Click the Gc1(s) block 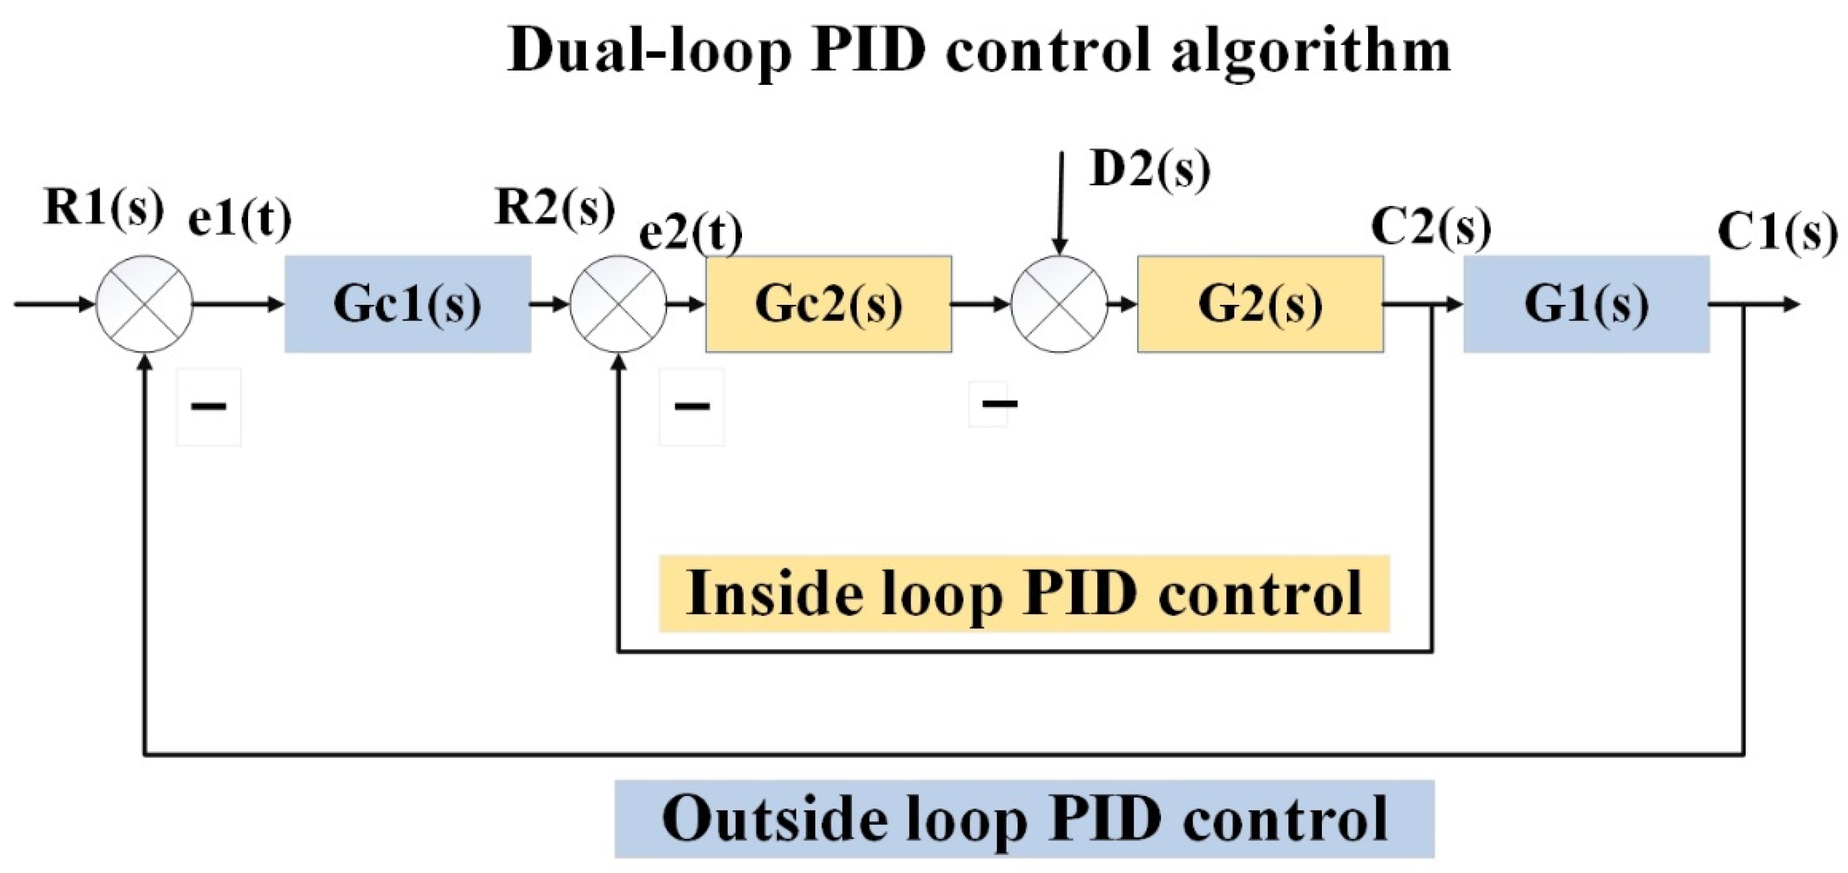pyautogui.click(x=407, y=304)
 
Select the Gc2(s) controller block pyautogui.click(x=829, y=304)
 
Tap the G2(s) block pyautogui.click(x=1260, y=304)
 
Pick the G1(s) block pyautogui.click(x=1586, y=304)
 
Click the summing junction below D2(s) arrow pyautogui.click(x=1059, y=304)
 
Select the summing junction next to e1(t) pyautogui.click(x=145, y=304)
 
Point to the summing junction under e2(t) pyautogui.click(x=619, y=304)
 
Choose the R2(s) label pyautogui.click(x=555, y=208)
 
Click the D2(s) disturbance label pyautogui.click(x=1150, y=170)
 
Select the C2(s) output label pyautogui.click(x=1431, y=228)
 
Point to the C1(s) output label pyautogui.click(x=1777, y=233)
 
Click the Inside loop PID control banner pyautogui.click(x=1023, y=594)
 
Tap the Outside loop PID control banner pyautogui.click(x=1023, y=819)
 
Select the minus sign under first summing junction pyautogui.click(x=209, y=406)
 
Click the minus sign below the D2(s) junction pyautogui.click(x=998, y=404)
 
